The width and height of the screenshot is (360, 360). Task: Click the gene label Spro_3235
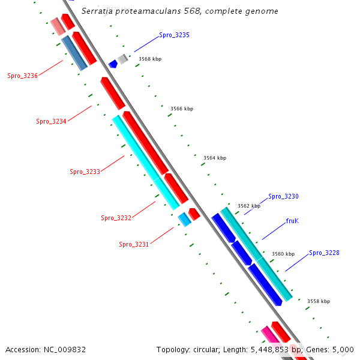click(174, 35)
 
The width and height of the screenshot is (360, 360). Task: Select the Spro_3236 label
click(23, 76)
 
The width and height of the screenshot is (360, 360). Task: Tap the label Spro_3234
click(52, 122)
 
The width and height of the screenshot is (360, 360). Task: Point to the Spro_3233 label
click(85, 172)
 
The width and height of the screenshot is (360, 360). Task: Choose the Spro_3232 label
click(116, 218)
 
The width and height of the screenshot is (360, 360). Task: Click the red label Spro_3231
click(134, 244)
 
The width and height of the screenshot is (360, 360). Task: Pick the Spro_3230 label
click(283, 197)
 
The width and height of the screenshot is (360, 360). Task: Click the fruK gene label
click(292, 221)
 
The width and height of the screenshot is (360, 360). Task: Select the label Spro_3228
click(324, 253)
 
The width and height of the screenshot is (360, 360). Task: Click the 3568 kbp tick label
click(150, 59)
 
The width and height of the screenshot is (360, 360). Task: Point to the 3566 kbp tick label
click(182, 109)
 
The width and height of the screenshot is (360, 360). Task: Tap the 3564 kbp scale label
click(215, 158)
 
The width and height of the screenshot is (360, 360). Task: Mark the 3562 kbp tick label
click(249, 206)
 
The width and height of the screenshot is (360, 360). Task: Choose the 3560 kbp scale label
click(283, 254)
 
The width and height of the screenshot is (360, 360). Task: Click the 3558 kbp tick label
click(318, 301)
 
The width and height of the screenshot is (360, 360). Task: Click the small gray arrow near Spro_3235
click(122, 58)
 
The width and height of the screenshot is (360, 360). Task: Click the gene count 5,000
click(343, 349)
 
